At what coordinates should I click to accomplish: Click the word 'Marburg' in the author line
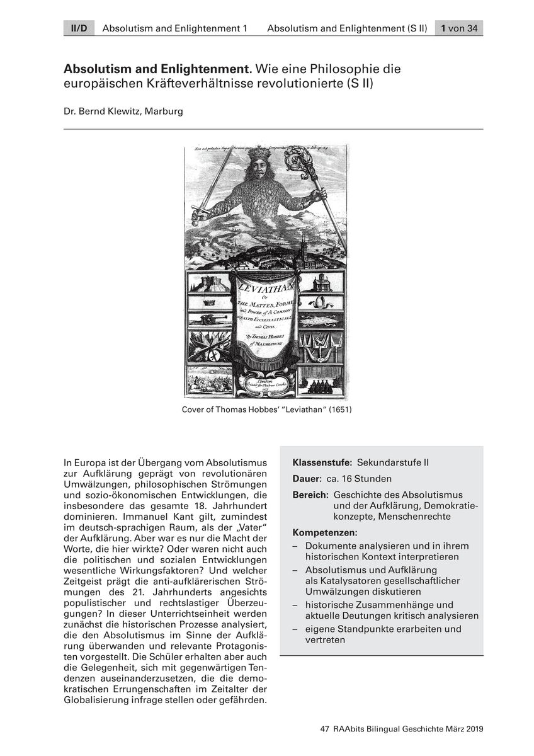(x=165, y=112)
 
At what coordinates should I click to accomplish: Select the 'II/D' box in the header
(x=78, y=28)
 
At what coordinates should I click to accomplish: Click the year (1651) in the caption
(x=338, y=409)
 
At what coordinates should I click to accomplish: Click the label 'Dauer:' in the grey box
(x=307, y=479)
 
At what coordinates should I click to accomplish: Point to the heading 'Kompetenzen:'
(x=325, y=532)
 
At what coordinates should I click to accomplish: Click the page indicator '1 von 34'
(x=459, y=28)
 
